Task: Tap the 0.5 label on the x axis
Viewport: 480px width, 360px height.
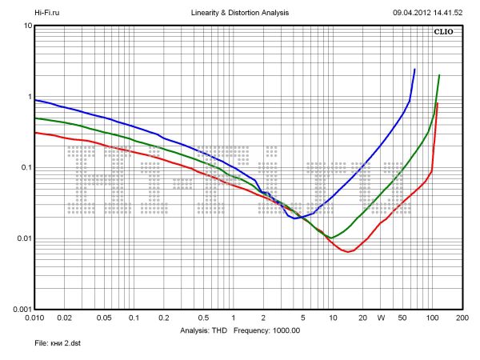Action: pyautogui.click(x=202, y=318)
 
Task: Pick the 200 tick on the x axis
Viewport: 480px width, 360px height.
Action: pyautogui.click(x=461, y=318)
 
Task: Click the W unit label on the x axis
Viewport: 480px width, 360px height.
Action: pyautogui.click(x=382, y=318)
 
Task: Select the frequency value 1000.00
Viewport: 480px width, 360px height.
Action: pyautogui.click(x=284, y=330)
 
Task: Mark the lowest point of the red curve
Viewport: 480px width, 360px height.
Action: pyautogui.click(x=348, y=252)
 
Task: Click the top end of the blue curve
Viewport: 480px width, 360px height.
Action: pyautogui.click(x=414, y=70)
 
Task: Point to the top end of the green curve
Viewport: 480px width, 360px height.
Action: pyautogui.click(x=439, y=75)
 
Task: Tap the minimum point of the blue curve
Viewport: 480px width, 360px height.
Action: pyautogui.click(x=295, y=218)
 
